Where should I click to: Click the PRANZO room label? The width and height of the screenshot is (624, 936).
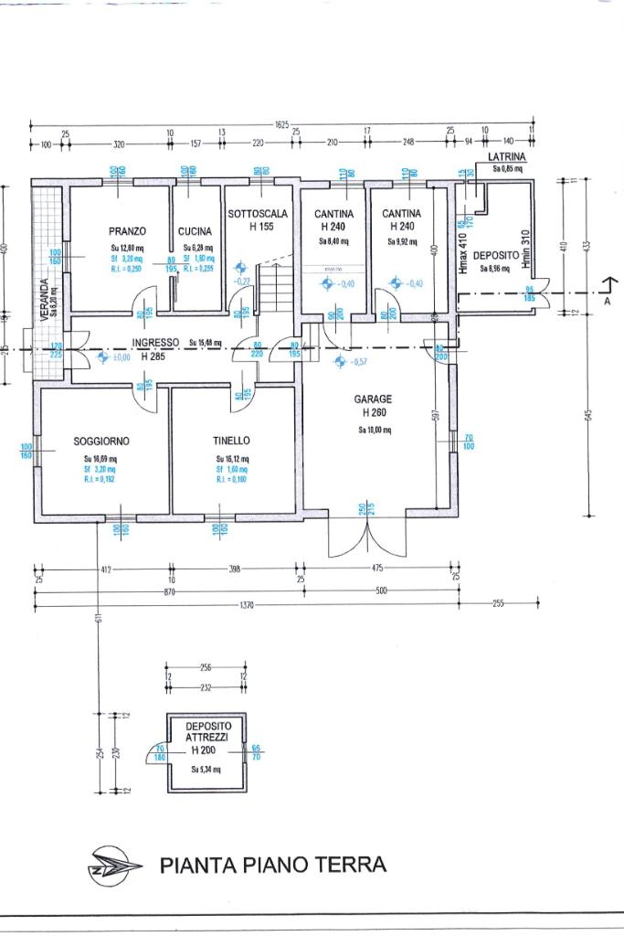[x=126, y=231]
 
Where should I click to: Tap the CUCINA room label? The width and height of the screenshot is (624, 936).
[x=195, y=231]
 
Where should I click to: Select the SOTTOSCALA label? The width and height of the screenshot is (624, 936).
[x=258, y=214]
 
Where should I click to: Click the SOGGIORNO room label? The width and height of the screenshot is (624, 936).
[x=101, y=441]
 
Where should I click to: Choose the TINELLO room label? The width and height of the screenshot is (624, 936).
[x=232, y=441]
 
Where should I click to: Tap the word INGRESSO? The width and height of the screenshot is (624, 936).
[x=154, y=344]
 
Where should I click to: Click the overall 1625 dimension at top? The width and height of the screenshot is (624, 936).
[x=281, y=123]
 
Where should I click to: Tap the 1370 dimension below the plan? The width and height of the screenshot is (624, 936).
[x=241, y=605]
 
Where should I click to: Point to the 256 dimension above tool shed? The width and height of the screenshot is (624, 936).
[x=206, y=667]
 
